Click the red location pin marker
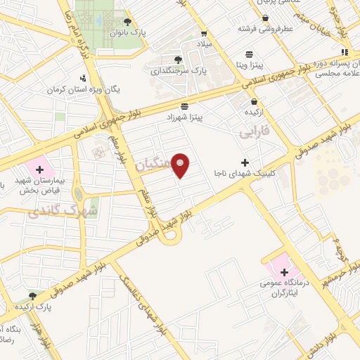point(181,165)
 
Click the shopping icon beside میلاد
point(203,33)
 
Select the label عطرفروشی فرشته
point(264,30)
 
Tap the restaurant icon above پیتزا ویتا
point(249,53)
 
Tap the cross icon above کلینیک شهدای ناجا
point(244,143)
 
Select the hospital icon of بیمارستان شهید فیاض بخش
point(39,169)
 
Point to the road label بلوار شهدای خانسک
point(141,304)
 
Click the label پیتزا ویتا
point(249,64)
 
